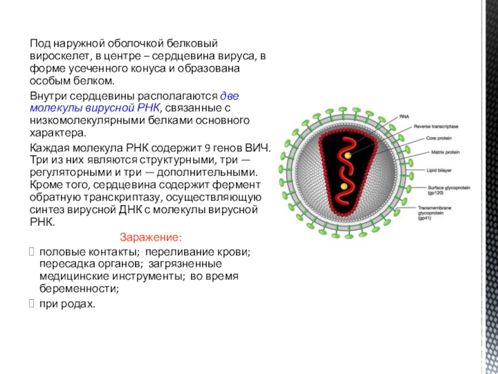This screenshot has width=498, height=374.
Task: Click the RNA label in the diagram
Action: [x=404, y=117]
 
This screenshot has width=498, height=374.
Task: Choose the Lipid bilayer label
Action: [x=421, y=169]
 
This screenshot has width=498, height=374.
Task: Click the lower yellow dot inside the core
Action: [x=343, y=186]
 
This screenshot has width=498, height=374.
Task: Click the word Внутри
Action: [x=49, y=95]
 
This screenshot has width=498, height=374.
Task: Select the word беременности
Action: [x=79, y=289]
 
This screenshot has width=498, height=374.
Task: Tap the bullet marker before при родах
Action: [x=34, y=304]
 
